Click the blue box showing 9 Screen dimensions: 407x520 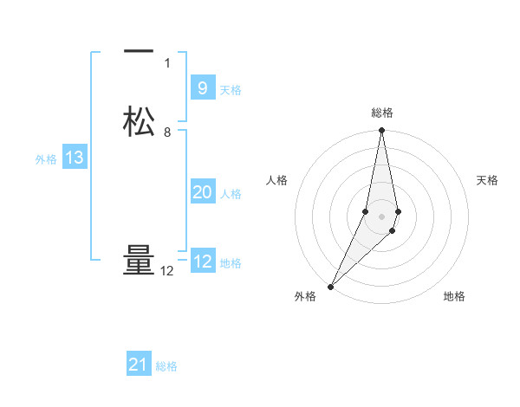[x=202, y=88]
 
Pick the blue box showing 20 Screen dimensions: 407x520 [x=202, y=192]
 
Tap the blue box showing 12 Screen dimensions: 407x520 [x=202, y=262]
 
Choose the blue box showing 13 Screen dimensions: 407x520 [x=74, y=158]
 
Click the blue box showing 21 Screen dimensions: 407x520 [x=138, y=365]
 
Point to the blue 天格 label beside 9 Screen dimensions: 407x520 [x=231, y=89]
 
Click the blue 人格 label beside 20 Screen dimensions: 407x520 [x=231, y=193]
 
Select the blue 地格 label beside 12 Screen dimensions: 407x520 [x=231, y=262]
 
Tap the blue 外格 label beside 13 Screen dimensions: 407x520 [x=46, y=158]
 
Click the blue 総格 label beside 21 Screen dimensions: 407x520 [x=166, y=365]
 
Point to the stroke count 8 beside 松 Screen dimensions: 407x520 [x=167, y=132]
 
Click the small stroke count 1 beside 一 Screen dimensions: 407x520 [x=167, y=62]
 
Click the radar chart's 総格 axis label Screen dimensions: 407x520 [x=381, y=113]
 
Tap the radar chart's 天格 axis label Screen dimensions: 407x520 [x=488, y=180]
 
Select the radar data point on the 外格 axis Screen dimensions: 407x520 [x=330, y=286]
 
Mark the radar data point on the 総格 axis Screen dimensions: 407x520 [x=381, y=131]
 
